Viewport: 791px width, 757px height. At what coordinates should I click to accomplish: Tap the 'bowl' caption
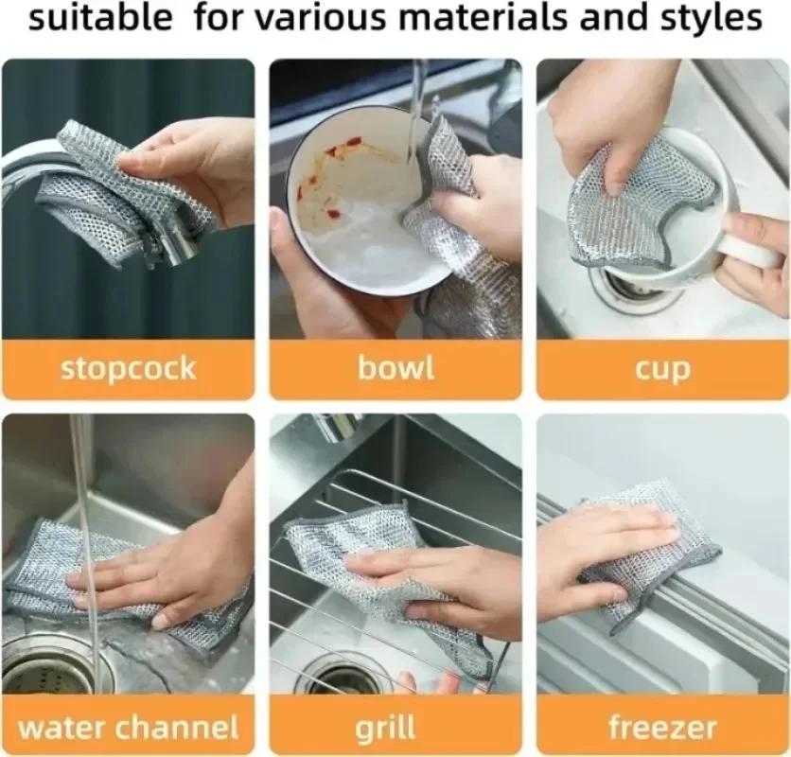coord(395,368)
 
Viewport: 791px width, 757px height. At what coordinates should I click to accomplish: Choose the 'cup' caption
coord(663,369)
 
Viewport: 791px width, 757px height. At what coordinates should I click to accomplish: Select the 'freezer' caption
coord(663,728)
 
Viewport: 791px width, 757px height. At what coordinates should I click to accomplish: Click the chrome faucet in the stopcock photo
coord(38,166)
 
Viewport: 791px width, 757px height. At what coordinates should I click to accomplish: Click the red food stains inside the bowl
coord(331,156)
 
